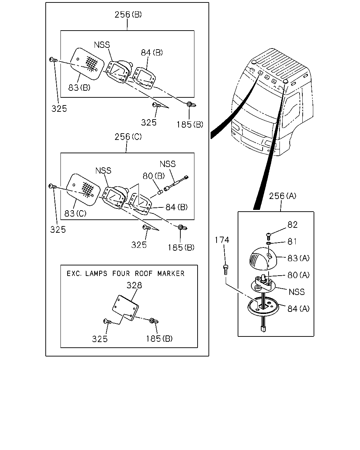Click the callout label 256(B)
tap(128, 14)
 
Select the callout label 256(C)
tap(128, 137)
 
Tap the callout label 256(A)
tap(282, 196)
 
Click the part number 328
tap(134, 285)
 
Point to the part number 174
tap(222, 240)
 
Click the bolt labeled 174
tap(226, 270)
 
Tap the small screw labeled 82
tap(269, 236)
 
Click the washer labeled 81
tap(269, 243)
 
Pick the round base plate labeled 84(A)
tap(263, 308)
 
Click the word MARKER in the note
tap(171, 274)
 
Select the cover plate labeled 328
tap(126, 308)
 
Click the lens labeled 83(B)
tap(87, 64)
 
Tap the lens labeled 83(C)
tap(83, 189)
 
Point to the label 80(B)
tap(154, 176)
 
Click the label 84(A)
tap(298, 309)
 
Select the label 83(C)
tap(75, 213)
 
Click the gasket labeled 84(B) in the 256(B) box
tap(144, 78)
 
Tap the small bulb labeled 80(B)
tap(160, 192)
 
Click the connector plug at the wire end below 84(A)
tap(263, 329)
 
